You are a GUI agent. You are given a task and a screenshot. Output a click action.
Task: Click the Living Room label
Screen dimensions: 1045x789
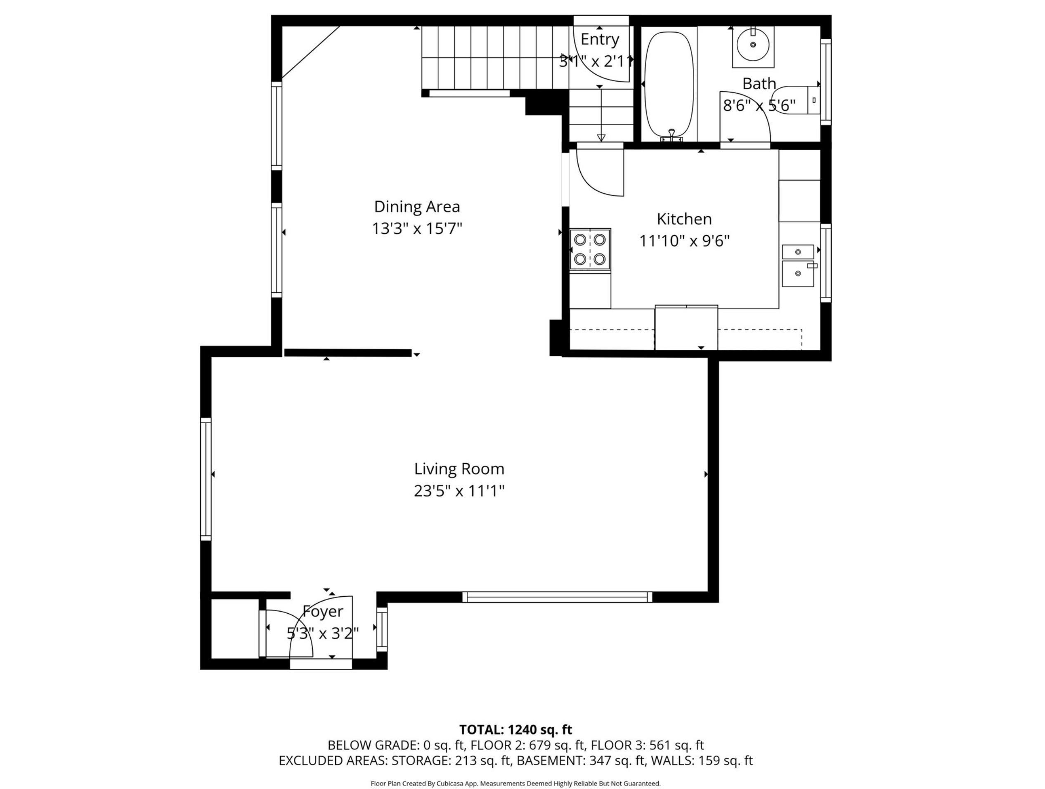(459, 469)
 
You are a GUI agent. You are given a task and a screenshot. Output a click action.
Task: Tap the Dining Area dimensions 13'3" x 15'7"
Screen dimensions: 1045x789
(417, 228)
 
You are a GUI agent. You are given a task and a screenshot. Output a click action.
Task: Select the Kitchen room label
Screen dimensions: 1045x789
(684, 219)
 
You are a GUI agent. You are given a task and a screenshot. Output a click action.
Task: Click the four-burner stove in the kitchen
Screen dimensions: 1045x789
(590, 249)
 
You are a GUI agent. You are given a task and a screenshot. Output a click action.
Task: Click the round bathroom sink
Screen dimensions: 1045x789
(753, 45)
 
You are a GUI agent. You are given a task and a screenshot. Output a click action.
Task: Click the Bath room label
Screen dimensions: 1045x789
(759, 84)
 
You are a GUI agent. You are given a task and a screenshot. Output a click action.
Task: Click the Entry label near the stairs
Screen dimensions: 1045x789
(600, 40)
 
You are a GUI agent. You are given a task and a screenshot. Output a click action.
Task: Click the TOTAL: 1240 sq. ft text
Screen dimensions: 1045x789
(515, 730)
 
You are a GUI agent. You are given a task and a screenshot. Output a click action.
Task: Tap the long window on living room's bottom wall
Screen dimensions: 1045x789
(557, 597)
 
